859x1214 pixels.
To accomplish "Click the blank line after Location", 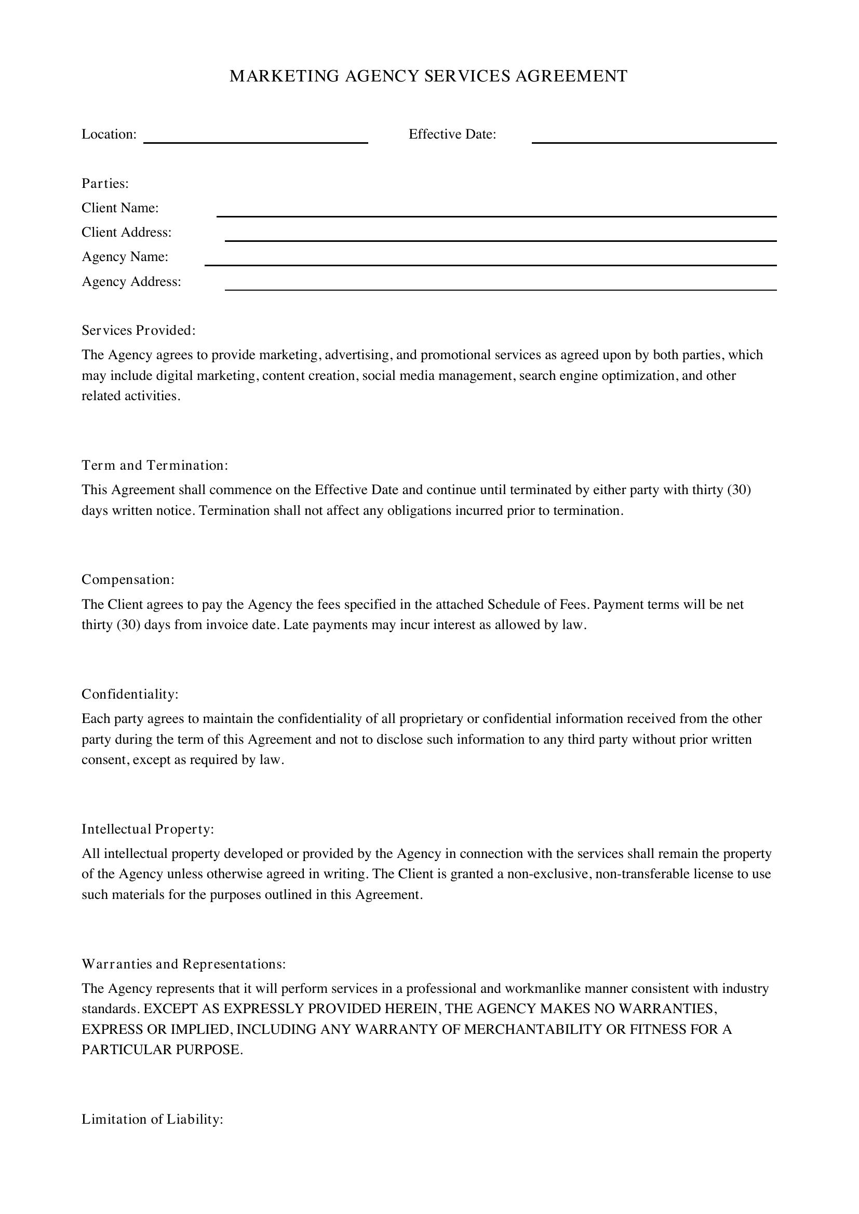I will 256,139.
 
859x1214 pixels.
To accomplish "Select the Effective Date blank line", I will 654,139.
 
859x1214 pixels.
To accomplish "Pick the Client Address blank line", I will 500,236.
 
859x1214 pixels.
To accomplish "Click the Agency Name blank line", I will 490,261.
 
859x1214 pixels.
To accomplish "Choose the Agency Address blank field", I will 500,285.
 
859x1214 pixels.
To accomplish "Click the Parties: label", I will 105,183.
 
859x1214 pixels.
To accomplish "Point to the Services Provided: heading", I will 139,331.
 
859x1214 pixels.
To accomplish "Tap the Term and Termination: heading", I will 154,465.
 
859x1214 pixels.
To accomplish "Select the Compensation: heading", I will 128,580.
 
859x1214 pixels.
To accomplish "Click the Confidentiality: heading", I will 130,694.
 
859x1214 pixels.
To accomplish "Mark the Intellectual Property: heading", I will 147,829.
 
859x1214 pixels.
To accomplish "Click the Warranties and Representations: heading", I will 183,964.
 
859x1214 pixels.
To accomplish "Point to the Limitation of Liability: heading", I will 152,1120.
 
